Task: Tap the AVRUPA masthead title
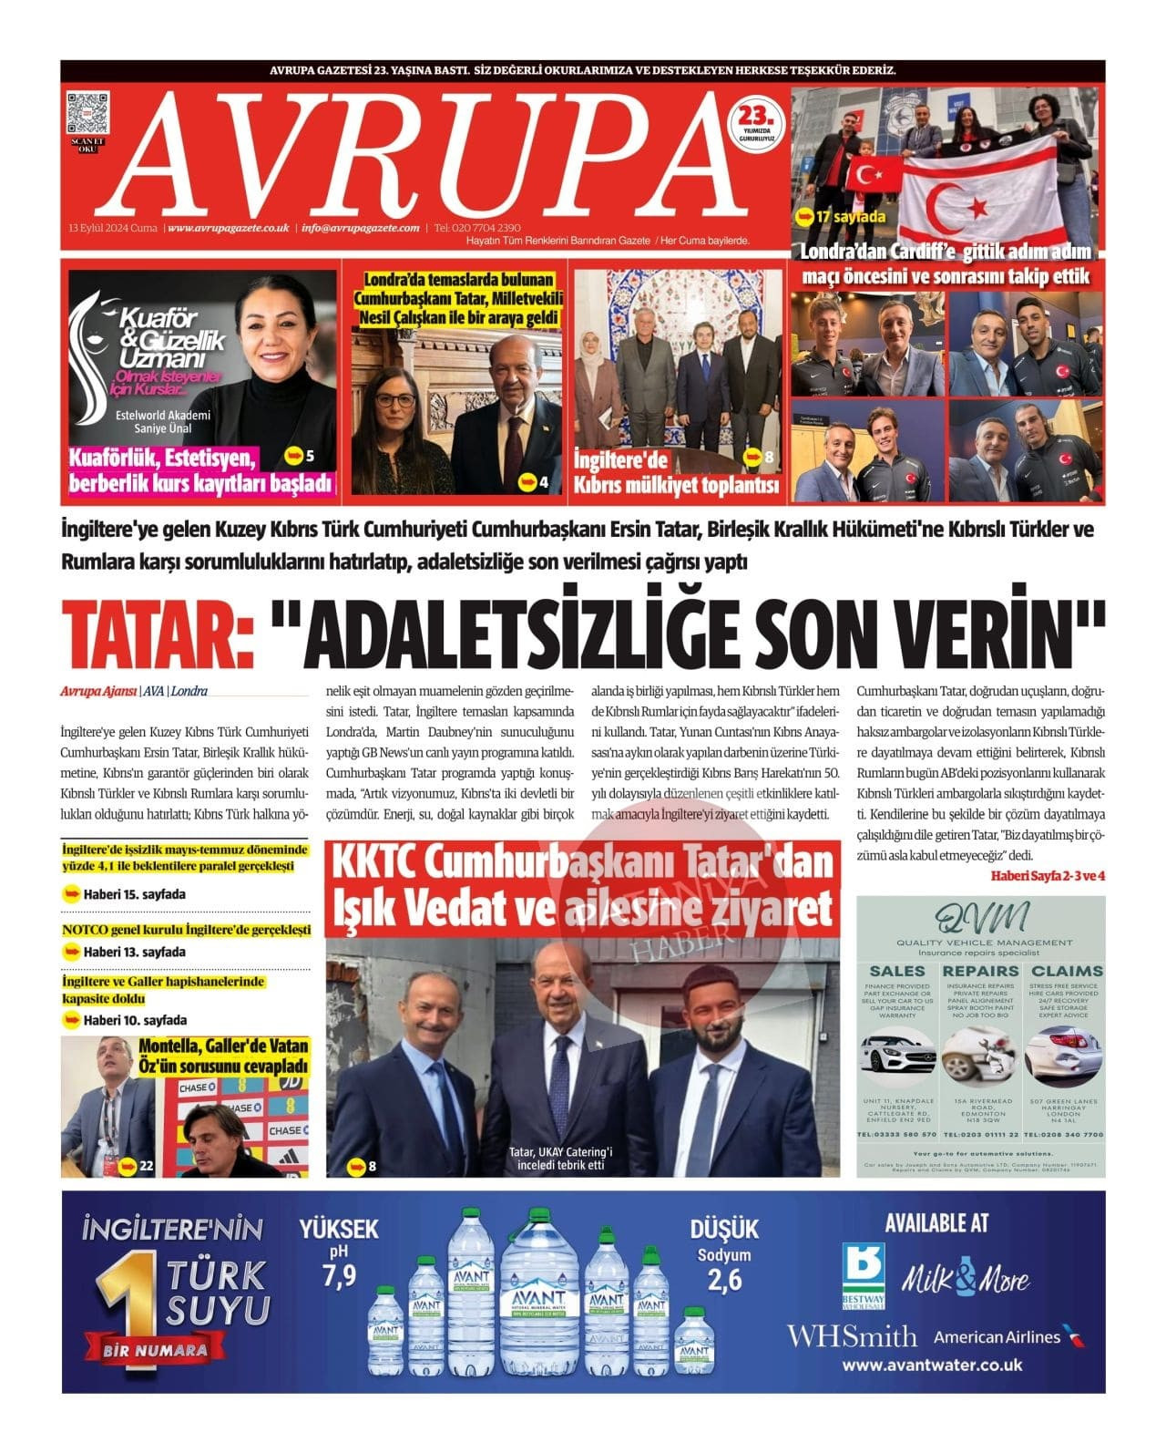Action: pyautogui.click(x=428, y=152)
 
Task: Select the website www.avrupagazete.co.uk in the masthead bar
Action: pyautogui.click(x=229, y=228)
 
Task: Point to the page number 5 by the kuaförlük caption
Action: pyautogui.click(x=310, y=454)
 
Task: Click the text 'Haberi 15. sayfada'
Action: pyautogui.click(x=134, y=894)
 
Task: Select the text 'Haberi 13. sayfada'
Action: pyautogui.click(x=134, y=952)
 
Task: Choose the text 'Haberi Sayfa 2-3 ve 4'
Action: pyautogui.click(x=1048, y=875)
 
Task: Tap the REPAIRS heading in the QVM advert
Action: pyautogui.click(x=980, y=971)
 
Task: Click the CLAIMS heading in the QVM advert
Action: pyautogui.click(x=1067, y=971)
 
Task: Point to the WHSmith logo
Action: pyautogui.click(x=852, y=1337)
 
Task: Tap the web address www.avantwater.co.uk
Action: pyautogui.click(x=932, y=1365)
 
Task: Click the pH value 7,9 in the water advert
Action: pyautogui.click(x=339, y=1276)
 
